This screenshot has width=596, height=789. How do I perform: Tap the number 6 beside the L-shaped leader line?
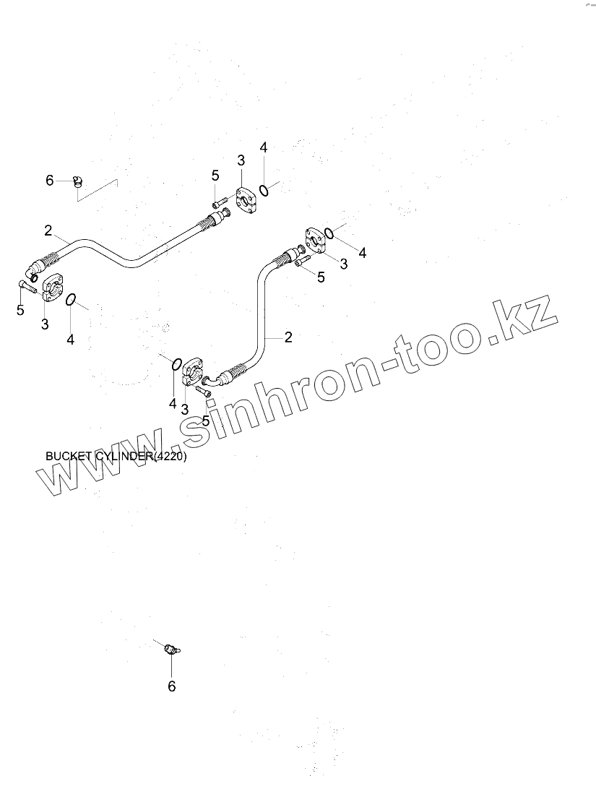[x=50, y=180]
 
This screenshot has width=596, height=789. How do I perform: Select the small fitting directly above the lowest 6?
[x=171, y=649]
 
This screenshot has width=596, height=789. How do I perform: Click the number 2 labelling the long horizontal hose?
[x=48, y=230]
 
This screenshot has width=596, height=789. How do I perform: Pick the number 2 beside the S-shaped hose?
[x=288, y=336]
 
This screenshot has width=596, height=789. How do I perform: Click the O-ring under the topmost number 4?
[x=265, y=190]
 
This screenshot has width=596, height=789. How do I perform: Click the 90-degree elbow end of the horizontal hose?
[x=33, y=272]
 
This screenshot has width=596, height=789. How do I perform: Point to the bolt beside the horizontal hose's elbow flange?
[x=25, y=287]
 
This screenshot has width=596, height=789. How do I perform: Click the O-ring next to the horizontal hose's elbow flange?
[x=72, y=299]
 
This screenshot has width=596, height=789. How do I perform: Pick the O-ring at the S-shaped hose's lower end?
[x=174, y=362]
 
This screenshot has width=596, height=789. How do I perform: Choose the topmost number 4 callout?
[x=264, y=147]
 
